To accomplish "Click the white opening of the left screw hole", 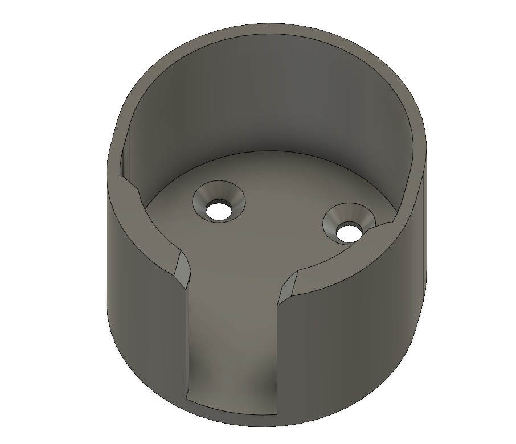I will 218,209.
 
